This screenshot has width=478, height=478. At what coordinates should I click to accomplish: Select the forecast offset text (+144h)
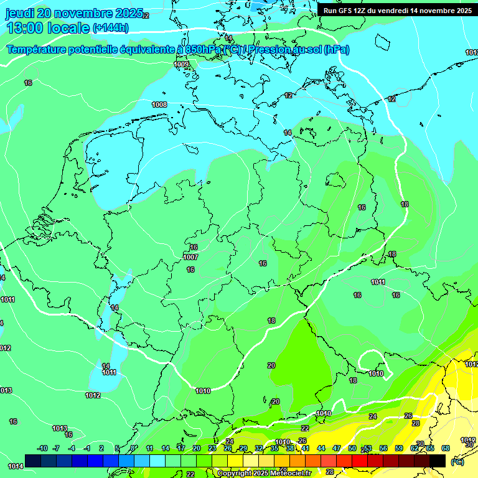[111, 28]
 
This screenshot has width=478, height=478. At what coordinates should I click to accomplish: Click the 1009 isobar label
[181, 64]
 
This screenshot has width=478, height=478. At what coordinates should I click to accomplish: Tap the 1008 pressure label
[159, 105]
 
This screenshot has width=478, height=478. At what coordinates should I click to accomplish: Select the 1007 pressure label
[190, 257]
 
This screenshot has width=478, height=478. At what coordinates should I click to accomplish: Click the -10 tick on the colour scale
[42, 448]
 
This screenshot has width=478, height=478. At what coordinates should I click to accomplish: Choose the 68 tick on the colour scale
[446, 448]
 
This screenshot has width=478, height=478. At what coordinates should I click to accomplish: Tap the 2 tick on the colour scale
[101, 448]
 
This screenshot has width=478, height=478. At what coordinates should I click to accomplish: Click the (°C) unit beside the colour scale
[457, 461]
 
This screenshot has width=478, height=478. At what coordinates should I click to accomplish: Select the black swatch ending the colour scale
[438, 461]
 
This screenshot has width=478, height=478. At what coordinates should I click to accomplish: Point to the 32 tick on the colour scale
[259, 448]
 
